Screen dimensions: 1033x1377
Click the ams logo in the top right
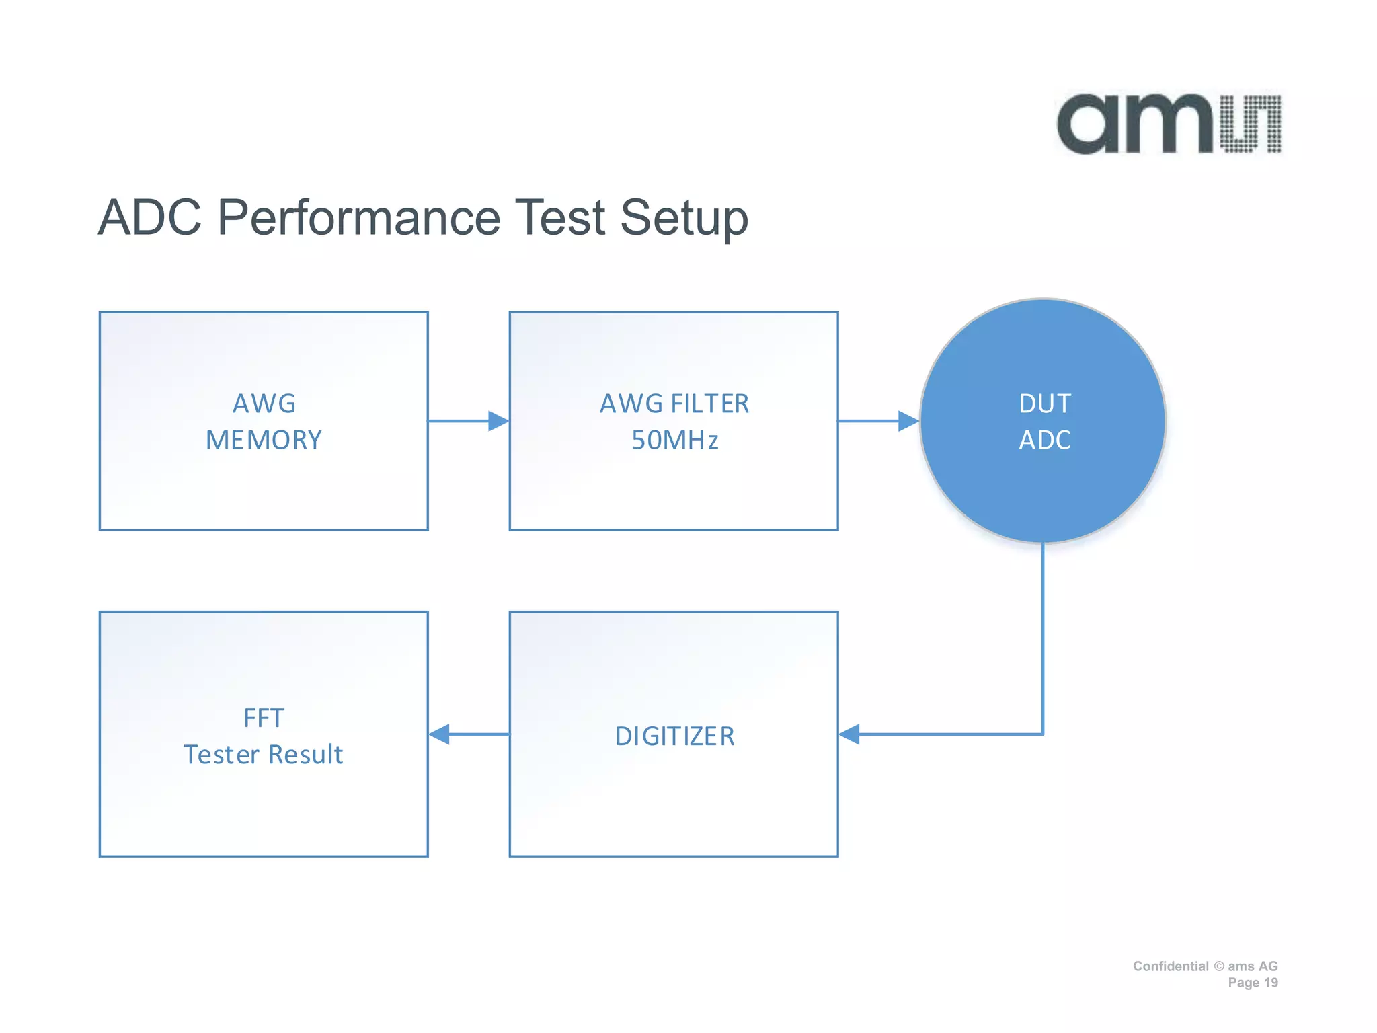(1169, 124)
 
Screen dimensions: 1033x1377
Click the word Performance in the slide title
(358, 218)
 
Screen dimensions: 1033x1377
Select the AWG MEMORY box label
(264, 422)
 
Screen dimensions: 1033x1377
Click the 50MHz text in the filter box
(674, 441)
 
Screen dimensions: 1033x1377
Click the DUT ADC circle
(1042, 421)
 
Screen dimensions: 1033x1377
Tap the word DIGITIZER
(674, 736)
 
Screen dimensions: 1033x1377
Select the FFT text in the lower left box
(264, 718)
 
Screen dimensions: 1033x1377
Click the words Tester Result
(264, 755)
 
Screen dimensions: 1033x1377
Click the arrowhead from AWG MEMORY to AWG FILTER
(498, 421)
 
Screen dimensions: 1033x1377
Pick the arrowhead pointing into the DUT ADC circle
(908, 421)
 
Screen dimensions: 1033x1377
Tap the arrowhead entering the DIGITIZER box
(850, 734)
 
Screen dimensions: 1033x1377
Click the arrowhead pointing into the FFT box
(440, 734)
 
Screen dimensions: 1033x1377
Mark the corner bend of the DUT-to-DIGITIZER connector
(1042, 734)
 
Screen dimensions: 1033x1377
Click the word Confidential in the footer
(1170, 966)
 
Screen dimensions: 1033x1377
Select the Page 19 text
(1253, 983)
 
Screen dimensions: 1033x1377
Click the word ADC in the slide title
(149, 218)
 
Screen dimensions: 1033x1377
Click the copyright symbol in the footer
(1219, 966)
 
